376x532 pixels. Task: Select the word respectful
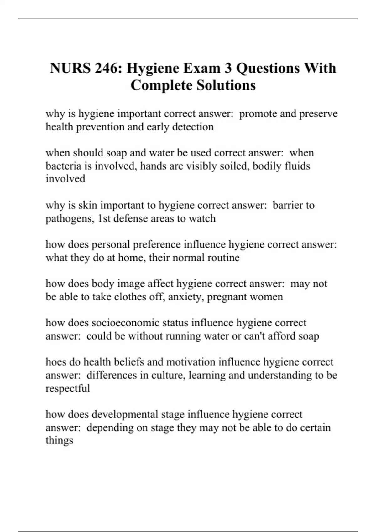pyautogui.click(x=68, y=389)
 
